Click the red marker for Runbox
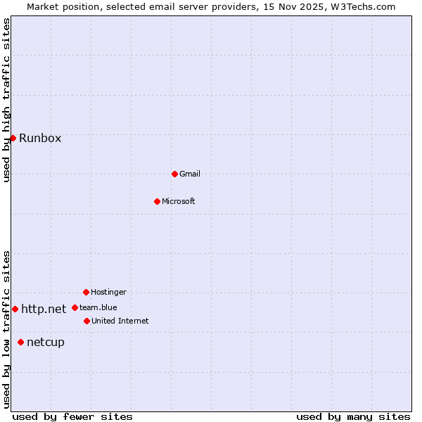13,138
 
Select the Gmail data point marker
174,174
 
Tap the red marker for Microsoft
157,201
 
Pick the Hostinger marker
86,292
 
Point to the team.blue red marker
75,307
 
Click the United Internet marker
87,321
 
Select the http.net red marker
15,309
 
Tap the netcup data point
20,342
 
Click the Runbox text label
40,138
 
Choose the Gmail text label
190,174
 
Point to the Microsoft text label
179,201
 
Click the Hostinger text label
108,292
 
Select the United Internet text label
120,321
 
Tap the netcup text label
46,342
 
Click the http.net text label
44,309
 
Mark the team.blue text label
98,307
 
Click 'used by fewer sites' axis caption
72,416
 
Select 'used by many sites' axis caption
353,416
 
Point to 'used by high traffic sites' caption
6,100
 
